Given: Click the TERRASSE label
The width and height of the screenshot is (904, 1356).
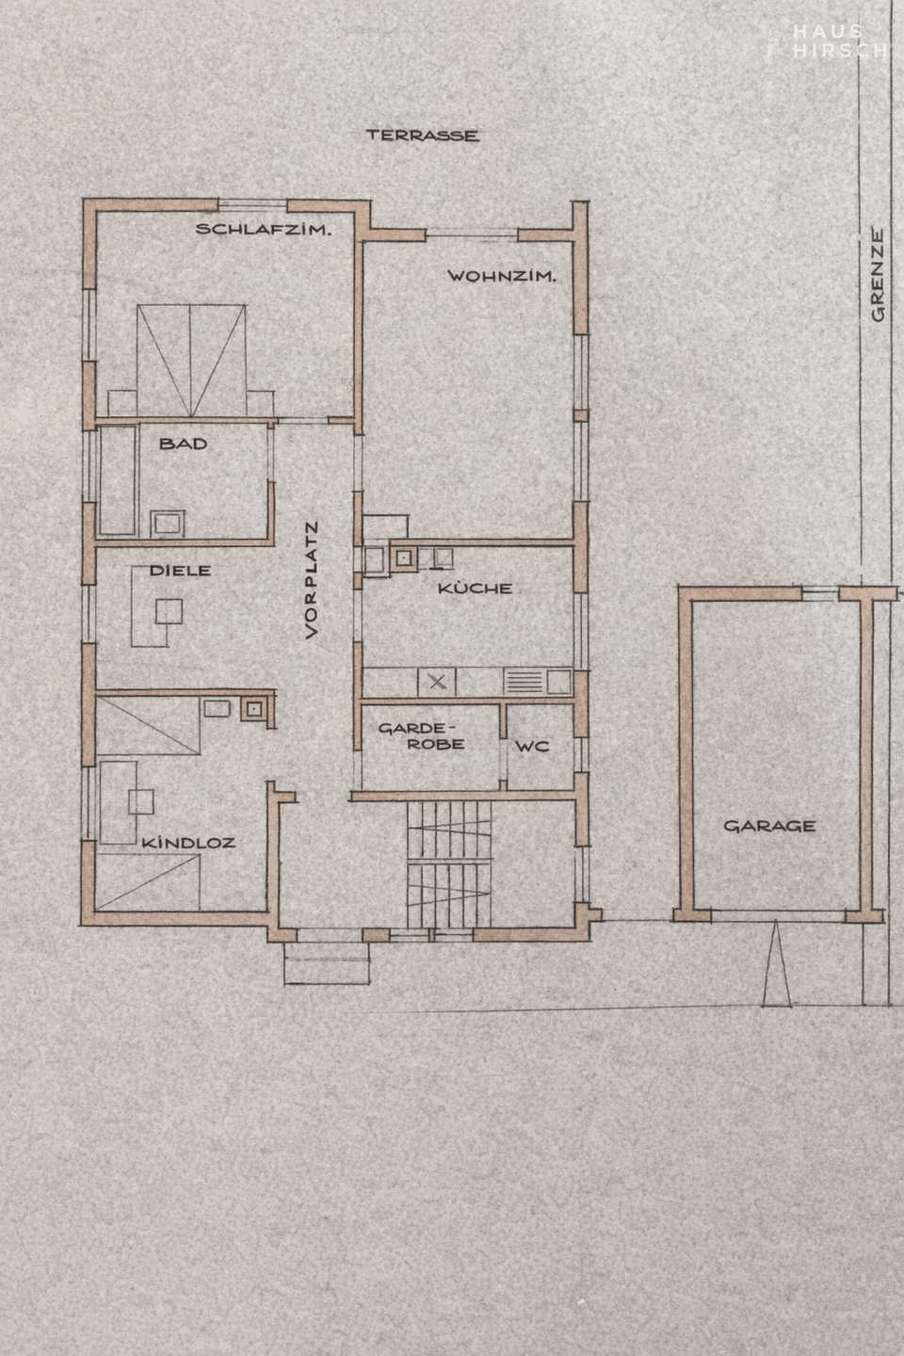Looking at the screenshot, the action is [x=423, y=135].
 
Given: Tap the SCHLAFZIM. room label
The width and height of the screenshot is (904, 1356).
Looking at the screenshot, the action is [x=264, y=230].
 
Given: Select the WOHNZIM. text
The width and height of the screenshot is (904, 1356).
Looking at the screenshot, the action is [x=502, y=277].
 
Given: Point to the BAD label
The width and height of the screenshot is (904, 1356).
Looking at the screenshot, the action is [x=183, y=444].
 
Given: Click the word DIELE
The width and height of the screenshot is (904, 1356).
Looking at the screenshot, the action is [x=181, y=571].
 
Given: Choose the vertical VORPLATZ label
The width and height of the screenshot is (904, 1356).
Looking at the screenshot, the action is [x=312, y=579].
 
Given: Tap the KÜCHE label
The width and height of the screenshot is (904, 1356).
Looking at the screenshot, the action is [x=476, y=588].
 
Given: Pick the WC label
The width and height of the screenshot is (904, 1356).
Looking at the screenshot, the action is [x=532, y=747].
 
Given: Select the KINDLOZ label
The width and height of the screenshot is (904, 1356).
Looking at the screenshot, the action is [x=188, y=843].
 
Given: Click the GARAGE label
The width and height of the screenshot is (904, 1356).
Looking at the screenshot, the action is [x=769, y=826].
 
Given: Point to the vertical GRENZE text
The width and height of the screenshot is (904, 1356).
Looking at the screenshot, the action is [x=878, y=275].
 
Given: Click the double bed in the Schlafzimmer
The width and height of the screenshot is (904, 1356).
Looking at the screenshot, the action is [x=191, y=360].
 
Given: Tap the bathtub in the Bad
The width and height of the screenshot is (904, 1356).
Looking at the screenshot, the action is [x=118, y=480].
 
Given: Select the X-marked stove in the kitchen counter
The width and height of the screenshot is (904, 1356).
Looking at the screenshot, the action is [x=437, y=682].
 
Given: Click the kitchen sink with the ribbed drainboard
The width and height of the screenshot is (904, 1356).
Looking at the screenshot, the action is [x=538, y=682].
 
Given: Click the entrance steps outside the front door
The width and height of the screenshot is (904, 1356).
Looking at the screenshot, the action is [x=327, y=963].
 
